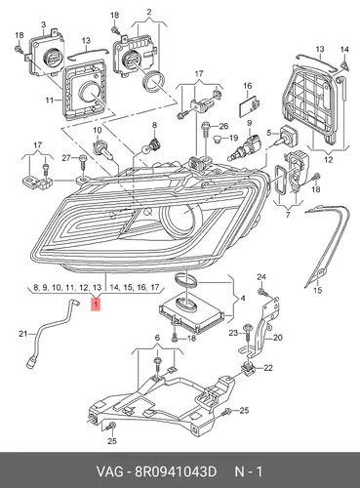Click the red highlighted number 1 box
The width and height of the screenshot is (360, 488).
[x=96, y=305]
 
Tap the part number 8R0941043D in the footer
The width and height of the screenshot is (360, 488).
[x=176, y=471]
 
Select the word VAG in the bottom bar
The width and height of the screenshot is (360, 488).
[x=109, y=471]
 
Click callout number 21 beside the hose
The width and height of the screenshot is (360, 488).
[x=22, y=334]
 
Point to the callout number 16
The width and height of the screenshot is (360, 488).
[x=248, y=86]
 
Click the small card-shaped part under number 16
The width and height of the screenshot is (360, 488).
[x=249, y=106]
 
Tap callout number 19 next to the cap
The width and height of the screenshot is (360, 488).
[x=233, y=138]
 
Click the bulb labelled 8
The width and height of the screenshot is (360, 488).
[x=156, y=143]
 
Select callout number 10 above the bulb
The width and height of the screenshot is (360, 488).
[x=98, y=131]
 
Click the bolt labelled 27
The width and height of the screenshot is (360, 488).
[x=82, y=162]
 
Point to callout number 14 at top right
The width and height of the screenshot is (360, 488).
[x=344, y=50]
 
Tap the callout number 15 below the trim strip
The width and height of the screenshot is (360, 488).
[x=318, y=290]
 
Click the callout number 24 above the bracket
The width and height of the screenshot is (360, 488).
[x=261, y=277]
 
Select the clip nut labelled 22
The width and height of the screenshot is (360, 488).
[x=249, y=368]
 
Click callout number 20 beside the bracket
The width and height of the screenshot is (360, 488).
[x=278, y=338]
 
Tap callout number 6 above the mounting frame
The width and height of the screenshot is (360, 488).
[x=157, y=338]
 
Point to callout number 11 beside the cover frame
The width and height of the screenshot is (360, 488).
[x=49, y=101]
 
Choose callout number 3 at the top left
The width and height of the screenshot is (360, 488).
[x=43, y=24]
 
